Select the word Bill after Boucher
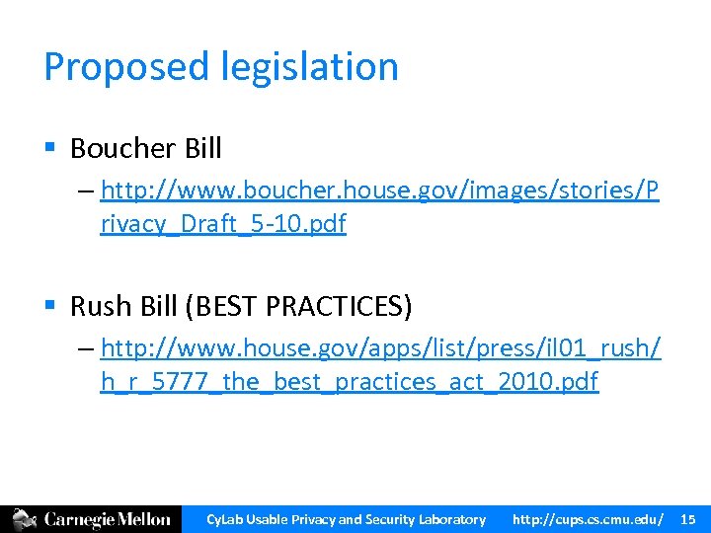[202, 149]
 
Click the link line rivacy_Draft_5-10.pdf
[223, 224]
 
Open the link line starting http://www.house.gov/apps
[380, 347]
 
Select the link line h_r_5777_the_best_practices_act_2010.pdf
[349, 382]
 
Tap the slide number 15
[688, 519]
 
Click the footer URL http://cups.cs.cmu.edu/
[587, 519]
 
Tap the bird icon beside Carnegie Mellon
[25, 519]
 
